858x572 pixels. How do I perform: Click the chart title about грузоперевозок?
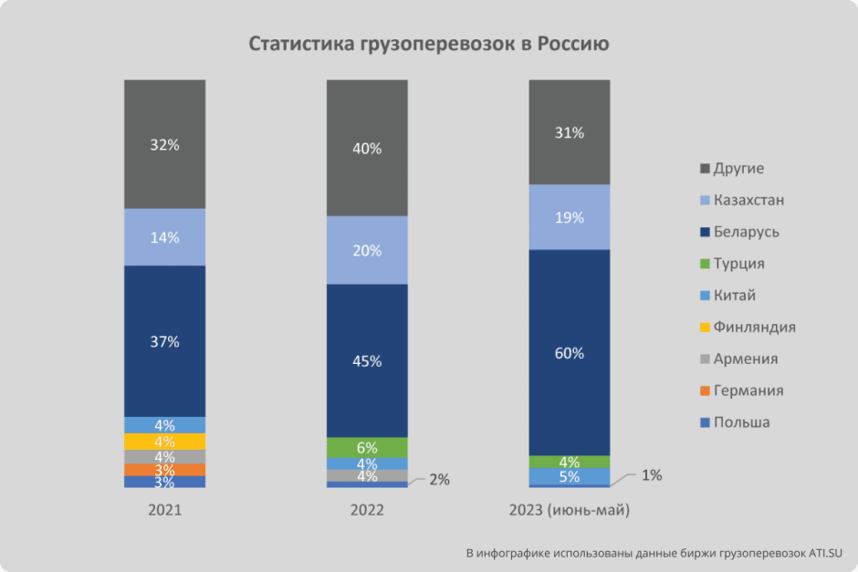pyautogui.click(x=429, y=44)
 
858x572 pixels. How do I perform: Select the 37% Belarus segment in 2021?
pyautogui.click(x=165, y=340)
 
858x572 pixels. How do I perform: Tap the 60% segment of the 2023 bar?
pyautogui.click(x=570, y=352)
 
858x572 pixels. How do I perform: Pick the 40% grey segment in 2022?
pyautogui.click(x=367, y=148)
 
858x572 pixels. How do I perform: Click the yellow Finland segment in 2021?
pyautogui.click(x=165, y=442)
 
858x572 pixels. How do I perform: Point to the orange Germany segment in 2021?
pyautogui.click(x=165, y=470)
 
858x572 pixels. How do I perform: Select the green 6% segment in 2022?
pyautogui.click(x=367, y=447)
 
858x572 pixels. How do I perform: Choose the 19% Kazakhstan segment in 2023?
pyautogui.click(x=570, y=217)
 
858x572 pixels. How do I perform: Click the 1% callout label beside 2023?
pyautogui.click(x=651, y=474)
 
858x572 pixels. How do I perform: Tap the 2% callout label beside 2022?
pyautogui.click(x=439, y=479)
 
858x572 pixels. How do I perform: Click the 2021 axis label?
pyautogui.click(x=165, y=511)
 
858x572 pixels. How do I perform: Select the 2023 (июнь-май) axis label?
pyautogui.click(x=570, y=511)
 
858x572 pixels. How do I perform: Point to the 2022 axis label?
pyautogui.click(x=367, y=511)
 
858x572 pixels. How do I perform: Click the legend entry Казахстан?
pyautogui.click(x=748, y=200)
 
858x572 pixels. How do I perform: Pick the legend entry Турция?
pyautogui.click(x=739, y=264)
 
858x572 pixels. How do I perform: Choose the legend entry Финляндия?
pyautogui.click(x=754, y=327)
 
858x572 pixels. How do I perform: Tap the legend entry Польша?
pyautogui.click(x=741, y=422)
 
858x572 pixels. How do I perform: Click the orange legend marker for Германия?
pyautogui.click(x=704, y=391)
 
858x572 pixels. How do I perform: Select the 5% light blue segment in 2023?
pyautogui.click(x=570, y=476)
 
